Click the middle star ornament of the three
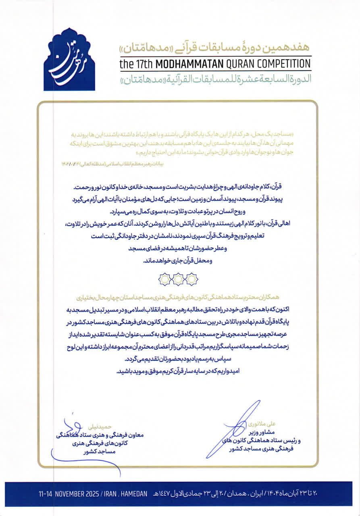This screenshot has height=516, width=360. pyautogui.click(x=178, y=279)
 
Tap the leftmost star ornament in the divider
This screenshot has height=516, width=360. pyautogui.click(x=164, y=279)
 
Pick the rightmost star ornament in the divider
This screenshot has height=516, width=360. pyautogui.click(x=192, y=279)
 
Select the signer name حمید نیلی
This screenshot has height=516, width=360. pyautogui.click(x=107, y=426)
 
